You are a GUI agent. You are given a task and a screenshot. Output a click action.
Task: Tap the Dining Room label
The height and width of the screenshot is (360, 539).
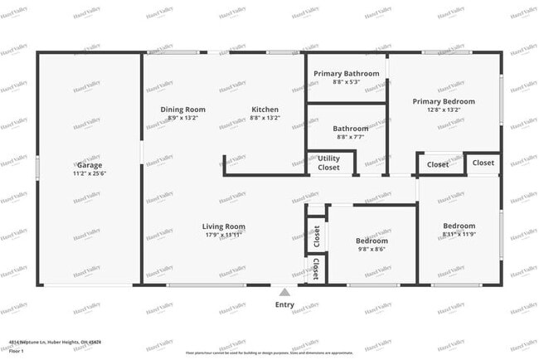182,109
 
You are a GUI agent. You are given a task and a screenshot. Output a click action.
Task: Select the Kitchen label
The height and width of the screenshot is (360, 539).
265,109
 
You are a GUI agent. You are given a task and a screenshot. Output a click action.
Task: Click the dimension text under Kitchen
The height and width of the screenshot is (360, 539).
265,118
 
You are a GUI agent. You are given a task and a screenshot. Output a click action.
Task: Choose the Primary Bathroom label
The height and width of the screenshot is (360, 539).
346,74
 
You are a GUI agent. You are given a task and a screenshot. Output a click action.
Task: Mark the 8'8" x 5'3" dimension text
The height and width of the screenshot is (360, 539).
346,82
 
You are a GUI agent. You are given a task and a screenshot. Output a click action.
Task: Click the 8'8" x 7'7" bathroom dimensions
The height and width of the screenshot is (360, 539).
351,138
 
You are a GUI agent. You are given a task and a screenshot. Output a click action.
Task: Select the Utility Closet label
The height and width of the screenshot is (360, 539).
329,163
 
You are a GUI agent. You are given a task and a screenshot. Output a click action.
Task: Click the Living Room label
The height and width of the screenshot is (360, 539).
224,226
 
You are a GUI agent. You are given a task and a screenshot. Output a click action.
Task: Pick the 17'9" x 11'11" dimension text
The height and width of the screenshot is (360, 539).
224,235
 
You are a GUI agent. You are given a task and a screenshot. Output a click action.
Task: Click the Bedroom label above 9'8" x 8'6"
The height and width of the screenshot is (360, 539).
371,241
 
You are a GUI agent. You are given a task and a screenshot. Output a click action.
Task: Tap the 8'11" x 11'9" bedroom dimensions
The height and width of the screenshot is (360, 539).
459,235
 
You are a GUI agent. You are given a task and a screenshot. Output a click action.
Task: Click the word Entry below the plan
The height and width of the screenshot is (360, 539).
284,304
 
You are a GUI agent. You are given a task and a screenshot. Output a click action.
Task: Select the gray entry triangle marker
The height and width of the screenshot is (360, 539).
284,292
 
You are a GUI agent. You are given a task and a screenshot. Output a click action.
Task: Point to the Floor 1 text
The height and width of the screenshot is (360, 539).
17,350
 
